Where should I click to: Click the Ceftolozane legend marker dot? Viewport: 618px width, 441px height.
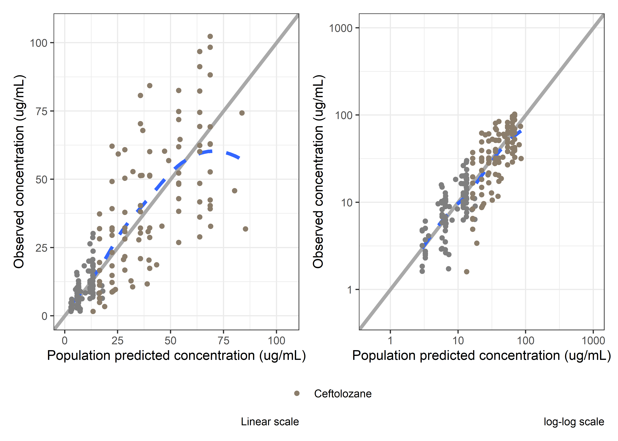click(x=297, y=394)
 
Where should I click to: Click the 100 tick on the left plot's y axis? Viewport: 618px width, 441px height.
click(x=39, y=43)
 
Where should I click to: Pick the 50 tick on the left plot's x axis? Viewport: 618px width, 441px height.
click(x=170, y=341)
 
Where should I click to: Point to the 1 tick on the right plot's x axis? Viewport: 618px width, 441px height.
click(x=390, y=341)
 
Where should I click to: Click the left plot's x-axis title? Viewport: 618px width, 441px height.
click(x=176, y=355)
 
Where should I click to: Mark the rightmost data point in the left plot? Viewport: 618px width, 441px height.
click(x=245, y=229)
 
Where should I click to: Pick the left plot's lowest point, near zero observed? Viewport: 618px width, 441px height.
click(x=93, y=311)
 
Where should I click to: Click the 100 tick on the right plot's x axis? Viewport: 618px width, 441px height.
click(x=525, y=341)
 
